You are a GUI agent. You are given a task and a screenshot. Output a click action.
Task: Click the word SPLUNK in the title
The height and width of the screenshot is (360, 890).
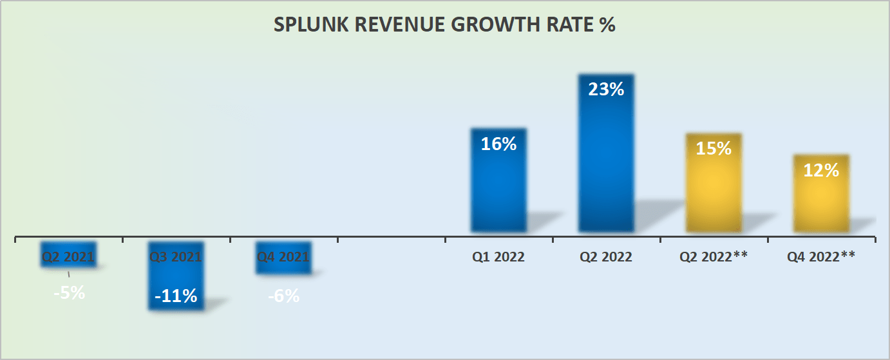[x=305, y=25]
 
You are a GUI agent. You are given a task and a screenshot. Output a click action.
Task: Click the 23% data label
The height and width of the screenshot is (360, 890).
[x=606, y=90]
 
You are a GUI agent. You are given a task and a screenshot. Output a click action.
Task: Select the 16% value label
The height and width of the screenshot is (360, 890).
[x=498, y=144]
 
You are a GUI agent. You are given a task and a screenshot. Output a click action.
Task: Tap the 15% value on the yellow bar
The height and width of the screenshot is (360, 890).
[x=714, y=149]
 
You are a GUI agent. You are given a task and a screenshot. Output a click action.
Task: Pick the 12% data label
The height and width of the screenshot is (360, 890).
[x=821, y=171]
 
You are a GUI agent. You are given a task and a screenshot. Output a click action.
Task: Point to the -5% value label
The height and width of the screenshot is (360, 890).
[x=69, y=293]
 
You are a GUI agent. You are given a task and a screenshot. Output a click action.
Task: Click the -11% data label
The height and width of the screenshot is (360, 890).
[x=176, y=296]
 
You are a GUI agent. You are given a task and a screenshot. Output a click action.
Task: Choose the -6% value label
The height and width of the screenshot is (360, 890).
[x=283, y=296]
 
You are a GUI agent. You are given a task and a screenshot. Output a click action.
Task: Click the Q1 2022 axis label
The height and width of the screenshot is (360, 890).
[x=498, y=257]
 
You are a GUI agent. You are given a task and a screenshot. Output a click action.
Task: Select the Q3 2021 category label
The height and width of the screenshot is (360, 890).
[x=176, y=257]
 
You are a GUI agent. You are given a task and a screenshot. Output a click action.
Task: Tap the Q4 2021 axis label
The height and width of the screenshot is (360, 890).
[x=283, y=257]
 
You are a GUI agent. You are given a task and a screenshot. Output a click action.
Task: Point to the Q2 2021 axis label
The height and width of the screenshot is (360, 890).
[x=68, y=257]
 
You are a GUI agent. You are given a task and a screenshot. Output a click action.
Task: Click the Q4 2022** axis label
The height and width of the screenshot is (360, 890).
[x=821, y=257]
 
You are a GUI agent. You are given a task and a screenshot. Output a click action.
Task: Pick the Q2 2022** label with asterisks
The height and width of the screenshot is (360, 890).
[x=714, y=257]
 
